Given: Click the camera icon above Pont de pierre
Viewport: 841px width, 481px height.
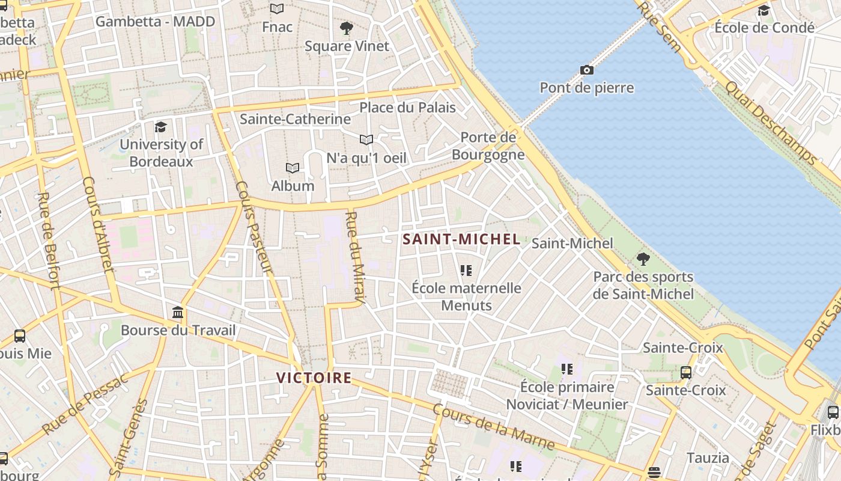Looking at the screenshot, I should pyautogui.click(x=587, y=70).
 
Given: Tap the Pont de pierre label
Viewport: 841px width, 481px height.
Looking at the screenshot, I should pyautogui.click(x=587, y=88).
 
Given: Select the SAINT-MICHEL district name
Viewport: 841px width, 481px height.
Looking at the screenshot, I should pyautogui.click(x=461, y=239).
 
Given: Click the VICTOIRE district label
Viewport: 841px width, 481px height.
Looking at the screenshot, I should pyautogui.click(x=314, y=378).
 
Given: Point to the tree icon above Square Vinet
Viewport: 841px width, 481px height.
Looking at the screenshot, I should pyautogui.click(x=347, y=28).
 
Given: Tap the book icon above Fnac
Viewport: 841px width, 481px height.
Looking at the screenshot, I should pyautogui.click(x=277, y=8).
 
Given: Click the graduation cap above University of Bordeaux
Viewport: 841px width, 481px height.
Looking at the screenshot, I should pyautogui.click(x=160, y=127).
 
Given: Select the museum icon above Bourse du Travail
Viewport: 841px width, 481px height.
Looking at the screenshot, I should pyautogui.click(x=178, y=313).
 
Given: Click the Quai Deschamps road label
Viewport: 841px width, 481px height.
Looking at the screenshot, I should pyautogui.click(x=770, y=121).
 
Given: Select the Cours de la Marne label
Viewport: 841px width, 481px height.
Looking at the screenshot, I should pyautogui.click(x=493, y=427).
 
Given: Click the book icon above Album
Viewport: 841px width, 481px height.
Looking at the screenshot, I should pyautogui.click(x=293, y=168).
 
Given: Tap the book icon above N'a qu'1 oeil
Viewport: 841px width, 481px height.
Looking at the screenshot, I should pyautogui.click(x=366, y=139).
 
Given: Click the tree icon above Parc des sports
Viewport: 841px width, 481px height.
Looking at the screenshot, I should pyautogui.click(x=643, y=259).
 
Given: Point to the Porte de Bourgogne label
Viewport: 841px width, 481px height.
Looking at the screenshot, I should pyautogui.click(x=488, y=146).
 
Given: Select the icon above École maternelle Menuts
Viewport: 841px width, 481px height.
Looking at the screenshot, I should pyautogui.click(x=466, y=270).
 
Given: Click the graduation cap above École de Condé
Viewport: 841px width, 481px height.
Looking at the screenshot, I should pyautogui.click(x=764, y=10).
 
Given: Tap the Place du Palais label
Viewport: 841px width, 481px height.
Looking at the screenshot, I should pyautogui.click(x=407, y=108).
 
